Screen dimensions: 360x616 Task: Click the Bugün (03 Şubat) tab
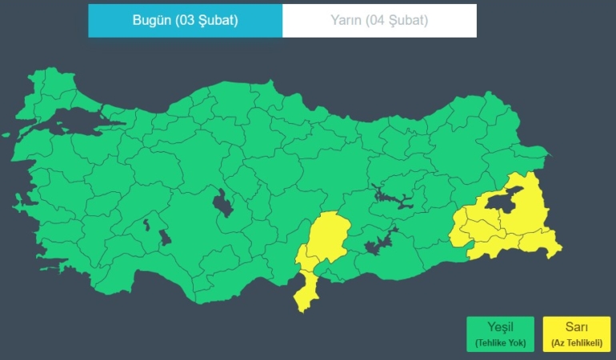[x=185, y=21]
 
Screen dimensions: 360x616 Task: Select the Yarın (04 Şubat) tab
[x=379, y=21]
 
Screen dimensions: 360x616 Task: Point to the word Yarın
[x=346, y=21]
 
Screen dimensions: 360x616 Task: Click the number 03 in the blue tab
[x=189, y=21]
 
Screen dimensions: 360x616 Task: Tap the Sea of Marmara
[x=68, y=126]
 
